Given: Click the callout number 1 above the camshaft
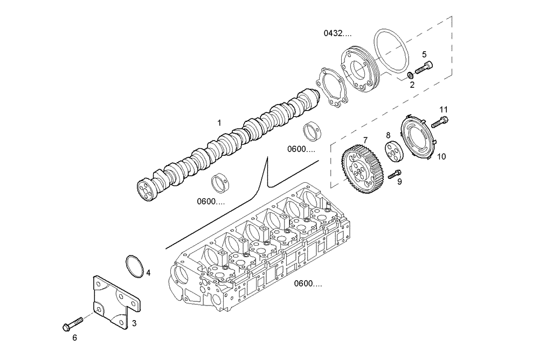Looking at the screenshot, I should click(219, 123).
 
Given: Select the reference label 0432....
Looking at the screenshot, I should click(337, 33).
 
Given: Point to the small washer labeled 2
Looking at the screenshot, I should click(410, 74).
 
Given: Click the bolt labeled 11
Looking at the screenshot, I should click(440, 122).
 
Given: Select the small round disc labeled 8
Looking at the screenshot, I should click(391, 151).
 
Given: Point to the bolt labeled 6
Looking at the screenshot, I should click(72, 324).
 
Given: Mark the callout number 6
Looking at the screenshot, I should click(75, 338).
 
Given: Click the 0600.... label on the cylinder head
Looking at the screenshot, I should click(308, 284).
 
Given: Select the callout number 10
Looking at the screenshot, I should click(441, 157).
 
